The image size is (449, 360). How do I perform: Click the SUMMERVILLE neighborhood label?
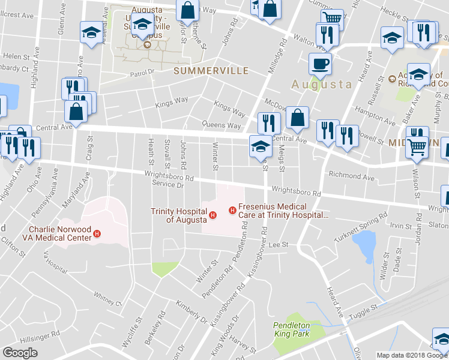coord(211,71)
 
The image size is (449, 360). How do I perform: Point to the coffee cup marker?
coord(319,64)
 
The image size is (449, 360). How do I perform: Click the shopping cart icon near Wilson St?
coord(416,146)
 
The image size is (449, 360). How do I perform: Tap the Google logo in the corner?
coord(20,353)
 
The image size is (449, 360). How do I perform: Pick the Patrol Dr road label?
coord(142,75)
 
